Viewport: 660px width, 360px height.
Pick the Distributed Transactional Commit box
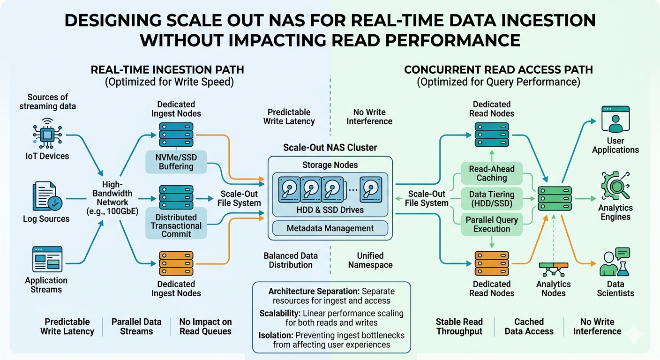click(x=176, y=225)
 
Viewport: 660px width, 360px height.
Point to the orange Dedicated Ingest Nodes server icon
click(x=176, y=263)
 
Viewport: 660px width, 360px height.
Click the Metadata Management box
click(x=330, y=228)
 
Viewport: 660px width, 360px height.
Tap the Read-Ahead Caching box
click(x=492, y=173)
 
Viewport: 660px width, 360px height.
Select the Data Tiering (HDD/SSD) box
click(x=492, y=199)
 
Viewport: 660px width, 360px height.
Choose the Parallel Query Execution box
click(x=492, y=224)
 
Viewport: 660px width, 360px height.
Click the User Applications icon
click(x=615, y=120)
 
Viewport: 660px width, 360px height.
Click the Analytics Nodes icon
click(x=554, y=268)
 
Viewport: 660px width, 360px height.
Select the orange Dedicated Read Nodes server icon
click(x=492, y=263)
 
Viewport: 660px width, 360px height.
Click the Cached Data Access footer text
click(x=529, y=326)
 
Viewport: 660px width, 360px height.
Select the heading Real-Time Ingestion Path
click(x=167, y=70)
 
